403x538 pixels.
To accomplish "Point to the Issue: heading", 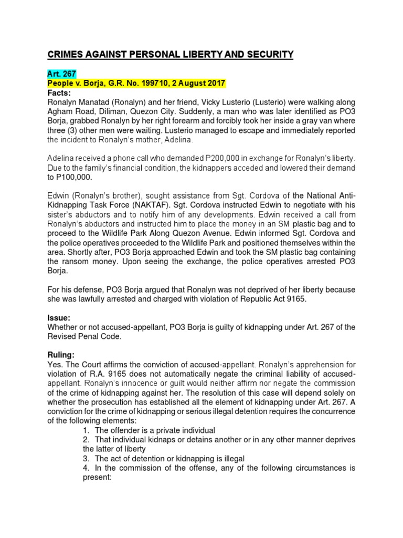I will (60, 318).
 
